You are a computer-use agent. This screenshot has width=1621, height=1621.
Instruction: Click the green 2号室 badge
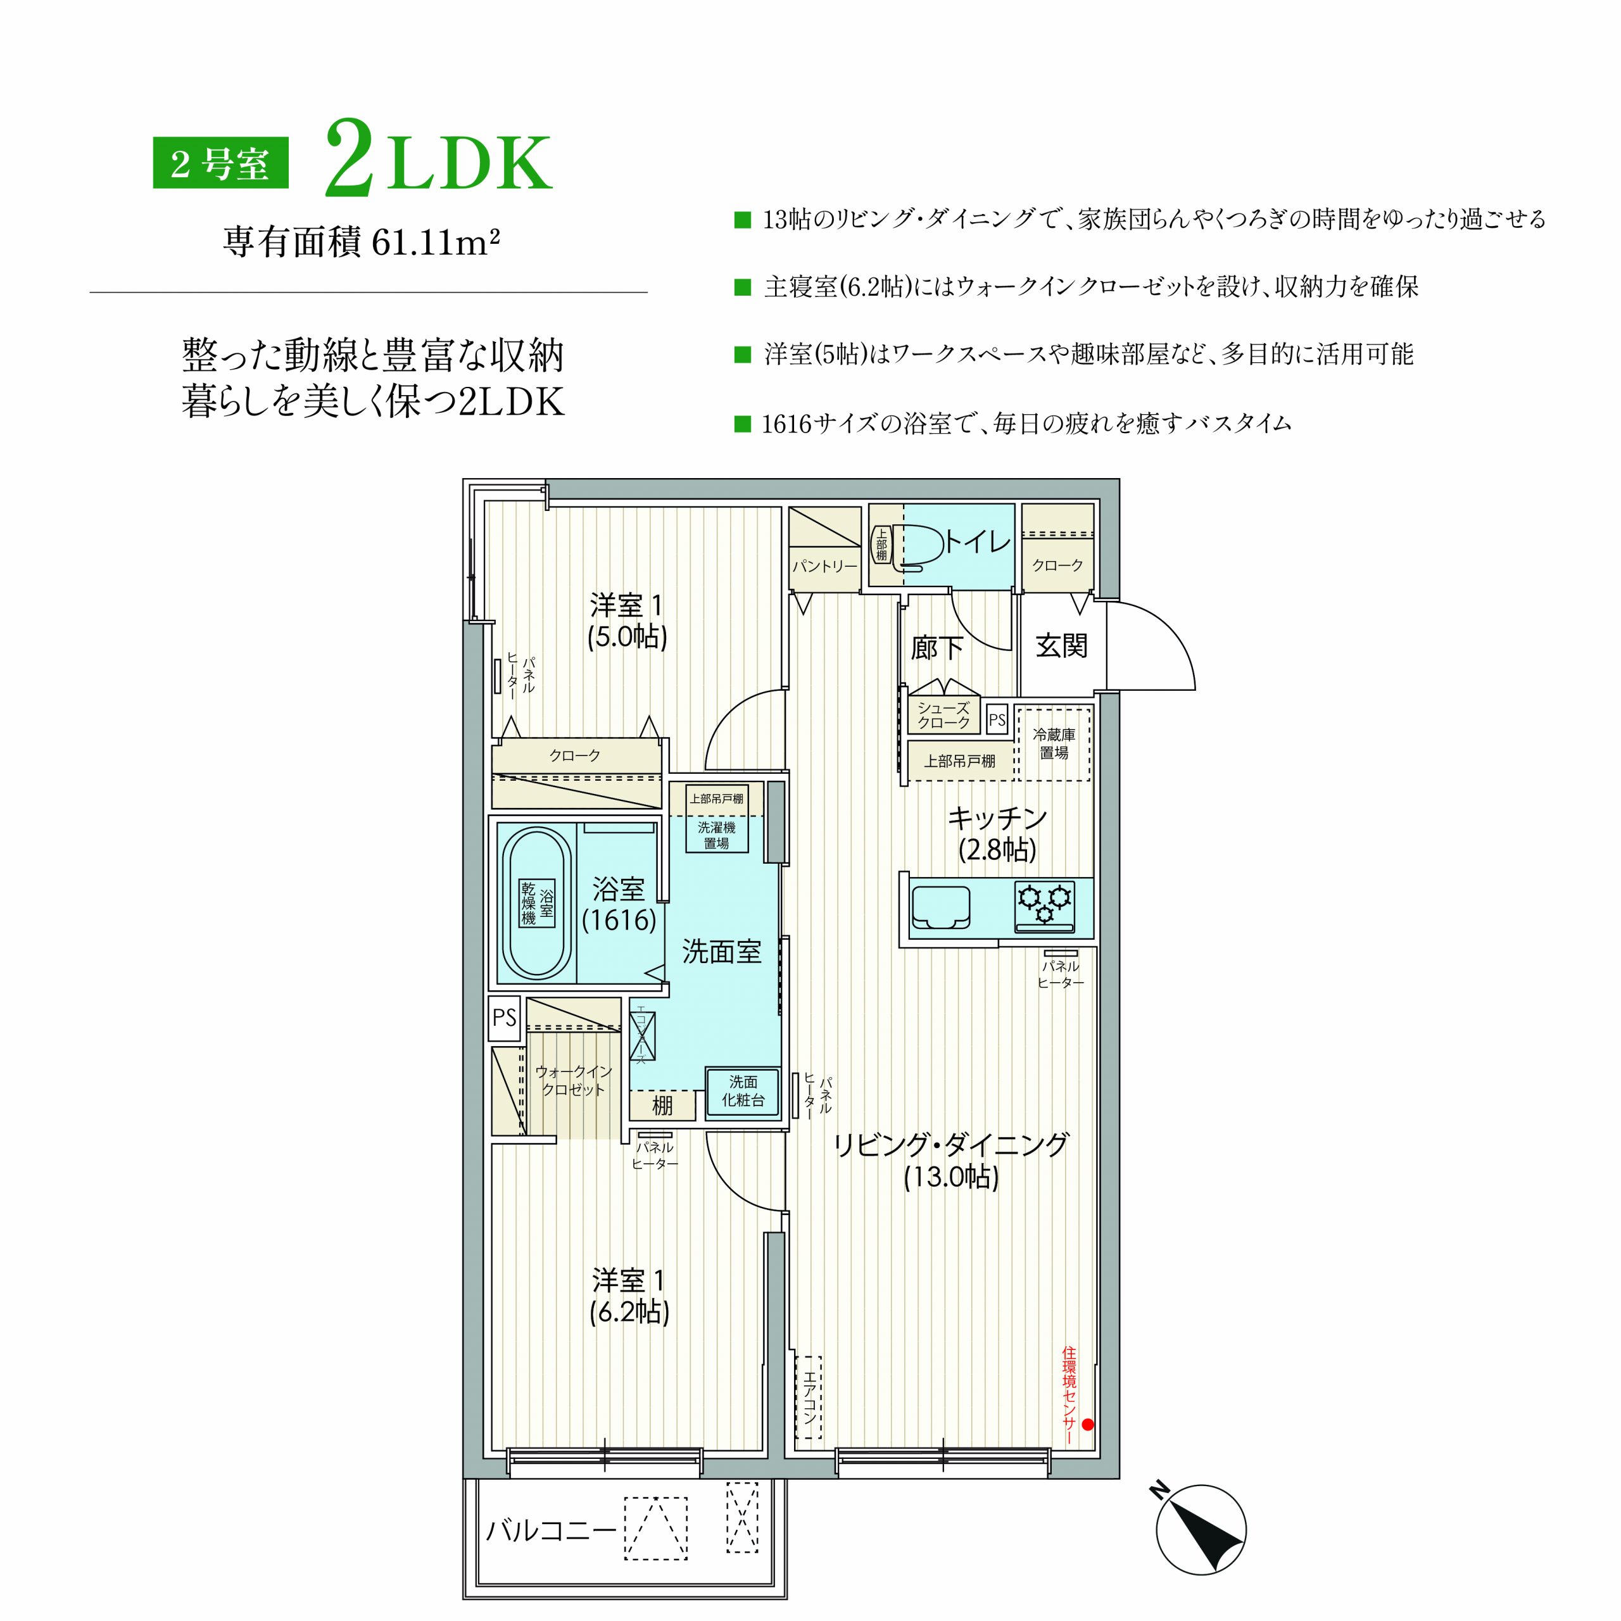coord(220,163)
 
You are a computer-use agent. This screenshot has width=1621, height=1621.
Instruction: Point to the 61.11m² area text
coord(436,243)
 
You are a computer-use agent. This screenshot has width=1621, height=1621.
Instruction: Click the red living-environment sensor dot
coord(1087,1424)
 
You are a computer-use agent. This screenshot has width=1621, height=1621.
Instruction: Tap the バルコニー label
coord(552,1531)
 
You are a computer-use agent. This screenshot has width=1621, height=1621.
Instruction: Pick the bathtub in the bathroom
coord(536,903)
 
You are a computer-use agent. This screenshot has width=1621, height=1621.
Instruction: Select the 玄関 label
coord(1061,645)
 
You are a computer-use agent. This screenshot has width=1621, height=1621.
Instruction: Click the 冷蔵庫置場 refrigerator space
coord(1054,744)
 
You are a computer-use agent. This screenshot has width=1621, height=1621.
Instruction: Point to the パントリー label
coord(825,566)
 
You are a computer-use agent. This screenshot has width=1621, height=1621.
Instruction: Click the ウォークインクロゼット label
coord(574,1081)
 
